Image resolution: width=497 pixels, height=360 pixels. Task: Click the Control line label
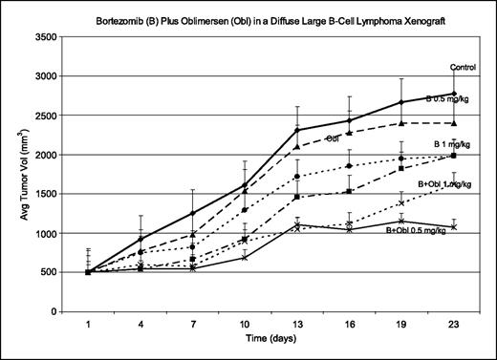(x=464, y=67)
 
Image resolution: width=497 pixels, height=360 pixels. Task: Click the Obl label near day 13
(x=334, y=139)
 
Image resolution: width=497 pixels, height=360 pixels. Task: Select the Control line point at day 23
(x=454, y=94)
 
